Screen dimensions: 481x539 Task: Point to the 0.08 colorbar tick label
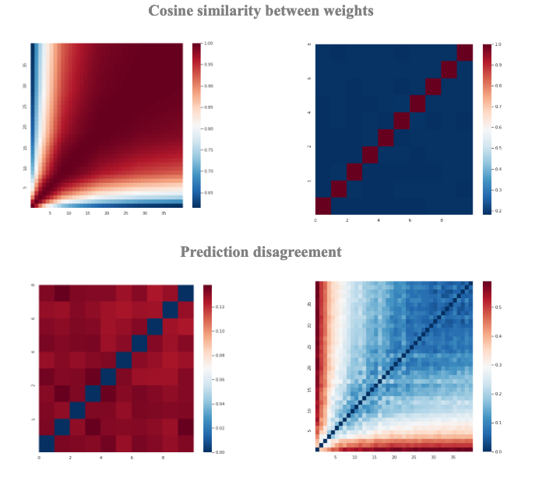220,355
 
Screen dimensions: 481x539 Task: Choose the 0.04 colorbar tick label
220,403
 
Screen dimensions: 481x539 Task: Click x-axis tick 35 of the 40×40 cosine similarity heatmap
164,213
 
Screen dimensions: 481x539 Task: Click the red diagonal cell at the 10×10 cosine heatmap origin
323,205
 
